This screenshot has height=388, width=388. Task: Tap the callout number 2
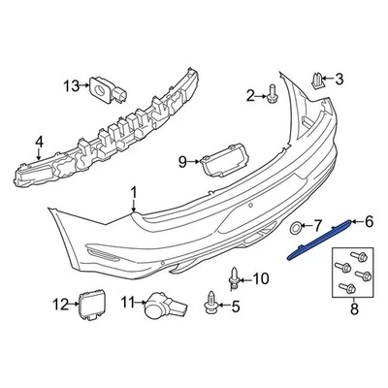coord(250,94)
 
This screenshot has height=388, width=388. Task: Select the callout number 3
coord(339,78)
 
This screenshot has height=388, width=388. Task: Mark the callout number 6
coord(368,221)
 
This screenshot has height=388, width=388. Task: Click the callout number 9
coord(181,160)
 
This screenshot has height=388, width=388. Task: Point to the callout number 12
coord(60,305)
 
